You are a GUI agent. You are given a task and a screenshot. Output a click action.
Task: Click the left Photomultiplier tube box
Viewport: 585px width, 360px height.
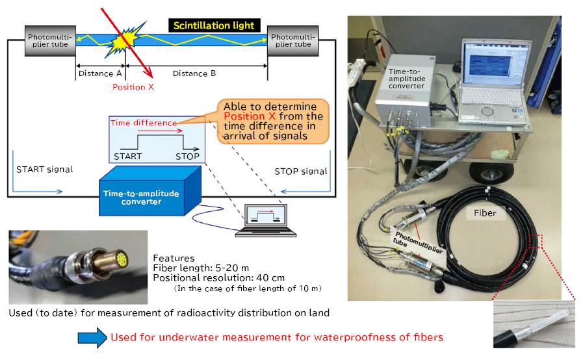tap(49, 41)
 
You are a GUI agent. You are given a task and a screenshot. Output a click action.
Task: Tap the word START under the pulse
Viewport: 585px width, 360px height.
tap(127, 157)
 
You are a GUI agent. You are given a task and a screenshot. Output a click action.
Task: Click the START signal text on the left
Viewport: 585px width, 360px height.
tap(44, 170)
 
